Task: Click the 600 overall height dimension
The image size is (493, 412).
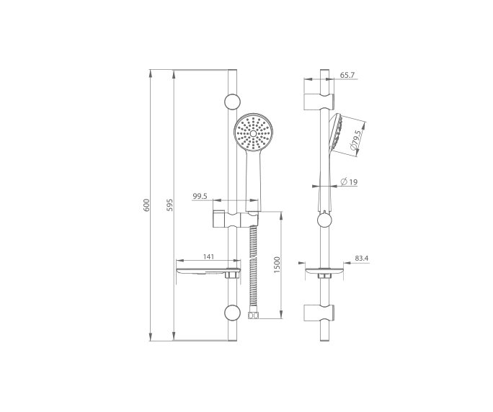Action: (x=146, y=205)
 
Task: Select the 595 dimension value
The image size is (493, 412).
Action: (x=170, y=205)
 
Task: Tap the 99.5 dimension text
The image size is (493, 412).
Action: (x=201, y=195)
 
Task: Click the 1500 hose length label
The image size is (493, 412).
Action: (x=276, y=264)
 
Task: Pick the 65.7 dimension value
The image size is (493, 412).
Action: (x=348, y=74)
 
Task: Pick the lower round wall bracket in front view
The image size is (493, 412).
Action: (x=232, y=312)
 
